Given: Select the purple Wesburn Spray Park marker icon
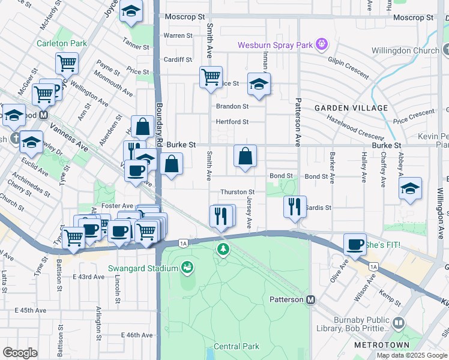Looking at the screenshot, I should click(322, 44).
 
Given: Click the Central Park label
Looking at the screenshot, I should click(237, 346).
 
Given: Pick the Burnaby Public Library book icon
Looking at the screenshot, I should click(398, 324).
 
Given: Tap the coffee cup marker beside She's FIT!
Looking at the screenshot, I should click(355, 244).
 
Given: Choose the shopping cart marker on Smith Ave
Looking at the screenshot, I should click(211, 77).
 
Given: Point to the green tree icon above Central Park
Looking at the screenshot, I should click(223, 248).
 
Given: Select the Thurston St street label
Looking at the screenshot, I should click(238, 192).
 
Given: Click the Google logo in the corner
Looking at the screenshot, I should click(20, 352).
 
